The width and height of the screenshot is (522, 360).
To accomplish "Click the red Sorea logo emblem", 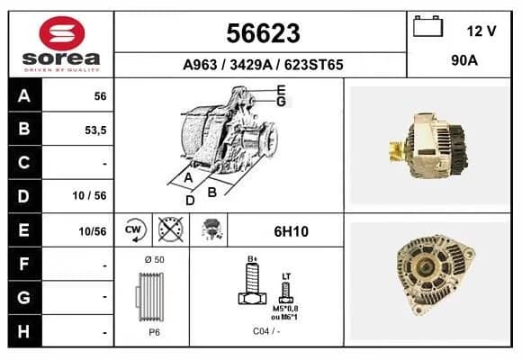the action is [62, 33].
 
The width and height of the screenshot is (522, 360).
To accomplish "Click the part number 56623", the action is [263, 33].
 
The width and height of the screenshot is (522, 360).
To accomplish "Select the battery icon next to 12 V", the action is [427, 26].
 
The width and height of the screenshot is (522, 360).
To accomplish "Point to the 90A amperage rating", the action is [464, 60].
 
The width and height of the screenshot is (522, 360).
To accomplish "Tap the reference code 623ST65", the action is [313, 65].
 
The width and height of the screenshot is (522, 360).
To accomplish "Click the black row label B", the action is [24, 129].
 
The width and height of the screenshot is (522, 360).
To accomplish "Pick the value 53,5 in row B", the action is [95, 130].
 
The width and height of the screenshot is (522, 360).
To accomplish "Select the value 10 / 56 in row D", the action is [90, 195].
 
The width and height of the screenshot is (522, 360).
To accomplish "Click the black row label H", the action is [24, 331].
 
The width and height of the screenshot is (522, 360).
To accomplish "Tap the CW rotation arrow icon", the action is [134, 230].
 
